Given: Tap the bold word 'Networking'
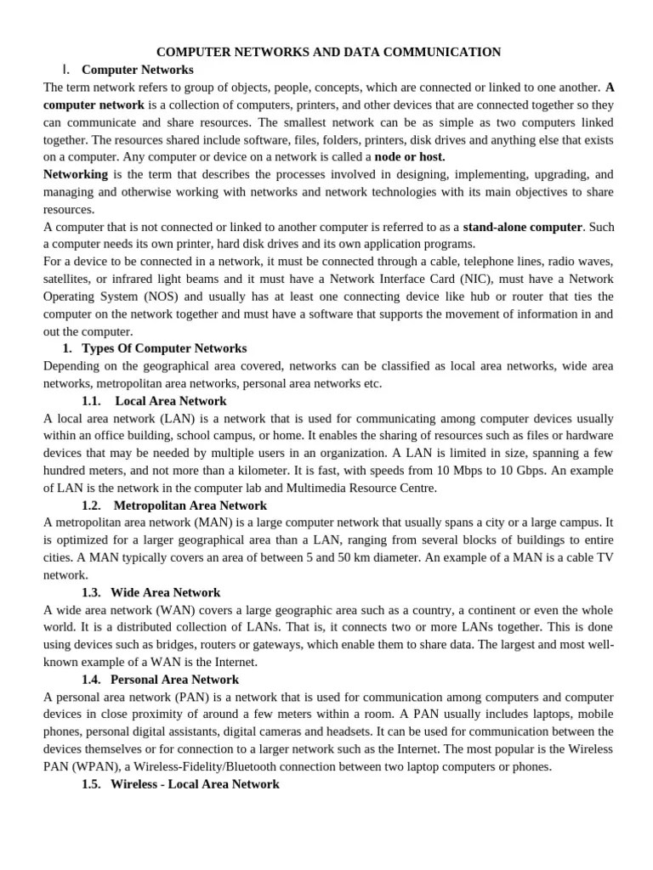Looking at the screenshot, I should (x=76, y=174).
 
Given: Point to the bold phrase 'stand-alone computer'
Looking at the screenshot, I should (x=523, y=227).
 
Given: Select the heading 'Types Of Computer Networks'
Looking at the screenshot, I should (x=164, y=348).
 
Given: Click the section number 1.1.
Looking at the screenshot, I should (x=91, y=401).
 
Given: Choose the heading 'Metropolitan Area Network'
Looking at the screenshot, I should (x=190, y=506).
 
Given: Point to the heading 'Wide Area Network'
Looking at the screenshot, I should (x=165, y=592).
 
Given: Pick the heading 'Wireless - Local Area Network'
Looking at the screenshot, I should (x=195, y=784).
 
